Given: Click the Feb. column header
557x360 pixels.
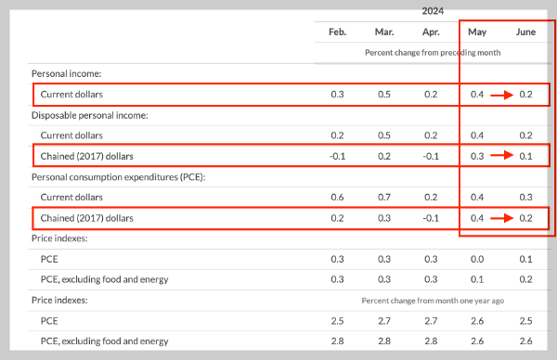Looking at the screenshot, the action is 337,32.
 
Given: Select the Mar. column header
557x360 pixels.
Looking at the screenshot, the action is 384,32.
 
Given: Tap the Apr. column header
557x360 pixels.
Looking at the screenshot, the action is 431,32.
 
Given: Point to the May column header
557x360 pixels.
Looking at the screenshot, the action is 477,32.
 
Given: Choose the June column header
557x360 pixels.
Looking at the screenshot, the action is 525,32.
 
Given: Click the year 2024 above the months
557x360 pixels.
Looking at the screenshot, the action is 433,11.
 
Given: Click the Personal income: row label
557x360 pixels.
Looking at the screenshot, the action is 67,73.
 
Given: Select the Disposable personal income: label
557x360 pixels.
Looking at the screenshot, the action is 90,115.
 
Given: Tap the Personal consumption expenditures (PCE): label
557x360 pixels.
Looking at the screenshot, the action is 118,177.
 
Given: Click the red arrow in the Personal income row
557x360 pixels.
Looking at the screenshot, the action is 501,95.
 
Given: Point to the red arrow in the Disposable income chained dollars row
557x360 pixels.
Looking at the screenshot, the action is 501,155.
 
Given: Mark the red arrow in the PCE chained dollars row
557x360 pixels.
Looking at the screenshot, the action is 501,218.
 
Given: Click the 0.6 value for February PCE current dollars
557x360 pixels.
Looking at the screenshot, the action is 337,197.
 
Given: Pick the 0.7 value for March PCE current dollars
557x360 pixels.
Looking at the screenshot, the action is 384,197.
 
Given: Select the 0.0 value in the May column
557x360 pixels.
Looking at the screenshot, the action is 477,259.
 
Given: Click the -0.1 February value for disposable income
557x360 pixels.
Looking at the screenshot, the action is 337,156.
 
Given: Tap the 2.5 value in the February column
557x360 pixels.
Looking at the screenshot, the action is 337,321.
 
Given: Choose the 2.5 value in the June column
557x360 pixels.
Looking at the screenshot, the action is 525,321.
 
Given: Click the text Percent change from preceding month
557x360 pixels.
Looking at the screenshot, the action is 433,53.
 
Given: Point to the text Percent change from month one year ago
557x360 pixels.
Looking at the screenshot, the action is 433,301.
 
